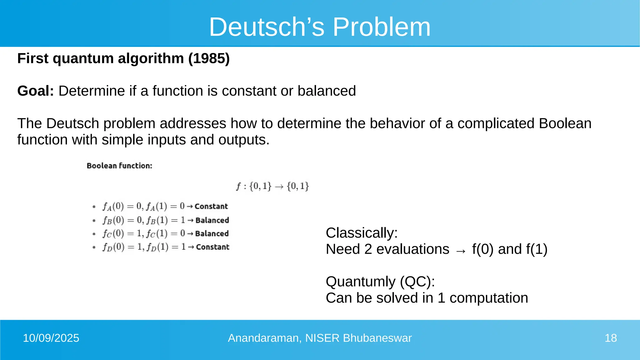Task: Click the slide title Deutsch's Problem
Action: coord(320,27)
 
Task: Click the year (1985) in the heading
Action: coord(209,58)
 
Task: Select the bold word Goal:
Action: coord(36,91)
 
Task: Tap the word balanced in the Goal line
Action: coord(327,91)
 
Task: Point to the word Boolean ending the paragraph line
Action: coord(565,123)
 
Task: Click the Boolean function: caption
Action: coord(119,166)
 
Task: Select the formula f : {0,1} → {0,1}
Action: coord(272,186)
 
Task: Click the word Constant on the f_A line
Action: coord(211,207)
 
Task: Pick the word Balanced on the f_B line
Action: coord(212,220)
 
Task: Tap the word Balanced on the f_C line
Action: coord(212,234)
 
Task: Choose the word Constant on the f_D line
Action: coord(213,247)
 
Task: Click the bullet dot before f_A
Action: coord(94,207)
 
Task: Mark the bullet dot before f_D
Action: coord(94,247)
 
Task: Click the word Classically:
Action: coord(362,233)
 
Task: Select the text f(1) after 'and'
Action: coord(537,249)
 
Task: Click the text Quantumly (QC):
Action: coord(380,282)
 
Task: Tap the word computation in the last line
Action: coord(489,298)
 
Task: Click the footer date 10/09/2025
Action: coord(51,338)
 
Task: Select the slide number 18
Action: coord(611,338)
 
